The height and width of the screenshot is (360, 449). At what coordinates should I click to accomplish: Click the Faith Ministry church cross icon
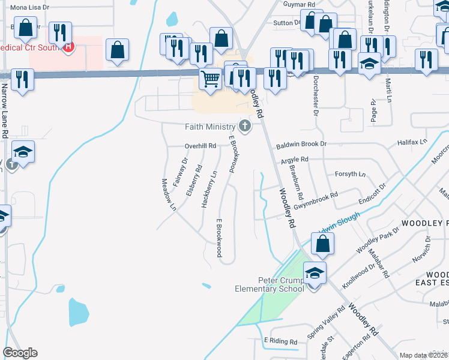244,126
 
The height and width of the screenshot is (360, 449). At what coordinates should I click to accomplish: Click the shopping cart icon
210,78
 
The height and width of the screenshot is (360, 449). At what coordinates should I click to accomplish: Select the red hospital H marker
68,46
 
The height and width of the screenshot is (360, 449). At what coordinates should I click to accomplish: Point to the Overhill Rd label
200,146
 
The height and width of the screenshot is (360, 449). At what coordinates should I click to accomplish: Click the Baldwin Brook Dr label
301,145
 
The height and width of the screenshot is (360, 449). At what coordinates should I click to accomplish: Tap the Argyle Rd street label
294,160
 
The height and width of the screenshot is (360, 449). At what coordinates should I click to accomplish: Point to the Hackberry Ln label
208,190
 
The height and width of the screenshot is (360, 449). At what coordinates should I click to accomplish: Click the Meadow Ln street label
168,194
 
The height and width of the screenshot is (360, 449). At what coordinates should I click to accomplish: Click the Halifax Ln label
411,142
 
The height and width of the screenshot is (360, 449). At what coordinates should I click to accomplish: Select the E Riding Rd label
281,341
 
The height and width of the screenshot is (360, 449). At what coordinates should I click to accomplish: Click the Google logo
20,353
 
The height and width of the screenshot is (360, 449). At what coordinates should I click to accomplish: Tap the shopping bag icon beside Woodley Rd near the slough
322,244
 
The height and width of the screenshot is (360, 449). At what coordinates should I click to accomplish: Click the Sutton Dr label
286,22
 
